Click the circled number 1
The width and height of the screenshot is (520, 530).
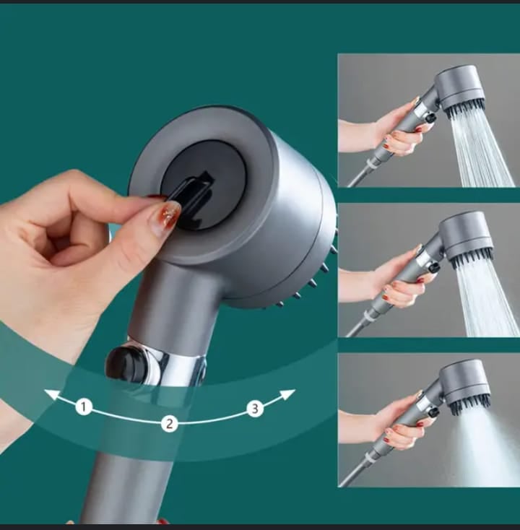[84, 407]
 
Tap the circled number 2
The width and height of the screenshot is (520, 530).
[169, 424]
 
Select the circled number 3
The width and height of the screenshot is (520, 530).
[255, 408]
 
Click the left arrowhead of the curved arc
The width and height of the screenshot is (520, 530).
[53, 394]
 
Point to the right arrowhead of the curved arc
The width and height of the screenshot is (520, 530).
[287, 394]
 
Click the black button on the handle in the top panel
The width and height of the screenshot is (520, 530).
[430, 118]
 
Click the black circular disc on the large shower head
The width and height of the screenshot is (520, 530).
[203, 186]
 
